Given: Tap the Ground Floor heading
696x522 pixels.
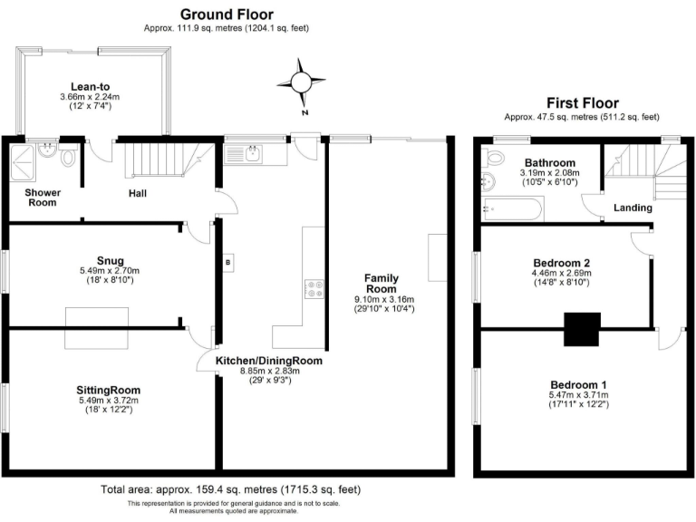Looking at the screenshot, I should (x=226, y=14).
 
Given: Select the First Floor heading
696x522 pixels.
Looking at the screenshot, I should (x=581, y=102).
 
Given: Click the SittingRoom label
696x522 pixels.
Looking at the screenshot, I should (x=108, y=390).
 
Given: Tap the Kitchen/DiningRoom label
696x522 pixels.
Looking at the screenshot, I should (x=268, y=360).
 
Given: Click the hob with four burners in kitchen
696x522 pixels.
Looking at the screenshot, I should (x=315, y=289).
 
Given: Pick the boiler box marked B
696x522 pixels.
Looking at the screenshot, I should (x=227, y=263).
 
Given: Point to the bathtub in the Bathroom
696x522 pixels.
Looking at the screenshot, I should (x=510, y=210).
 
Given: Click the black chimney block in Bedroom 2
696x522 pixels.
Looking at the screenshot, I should (x=582, y=328).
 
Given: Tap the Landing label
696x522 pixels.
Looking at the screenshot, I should (x=632, y=208).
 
